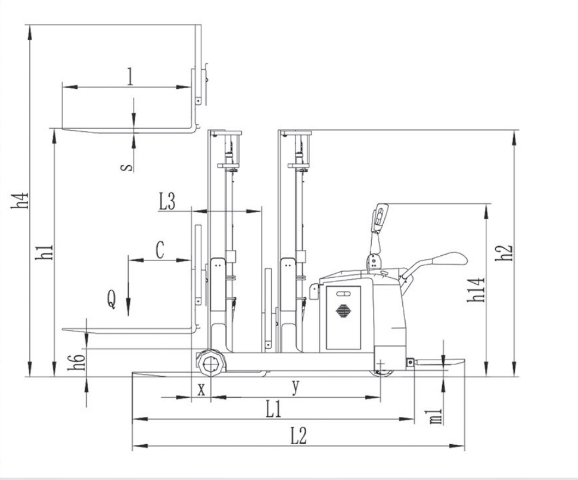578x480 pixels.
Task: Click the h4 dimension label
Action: point(20,200)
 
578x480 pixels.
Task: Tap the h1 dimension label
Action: point(44,252)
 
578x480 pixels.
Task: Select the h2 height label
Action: point(504,253)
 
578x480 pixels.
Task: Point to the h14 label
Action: point(476,290)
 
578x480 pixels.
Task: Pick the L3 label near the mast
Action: point(167,202)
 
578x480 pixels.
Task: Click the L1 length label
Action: point(274,409)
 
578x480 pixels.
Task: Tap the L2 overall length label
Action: point(298,436)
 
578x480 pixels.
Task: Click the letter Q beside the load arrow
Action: point(111,299)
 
